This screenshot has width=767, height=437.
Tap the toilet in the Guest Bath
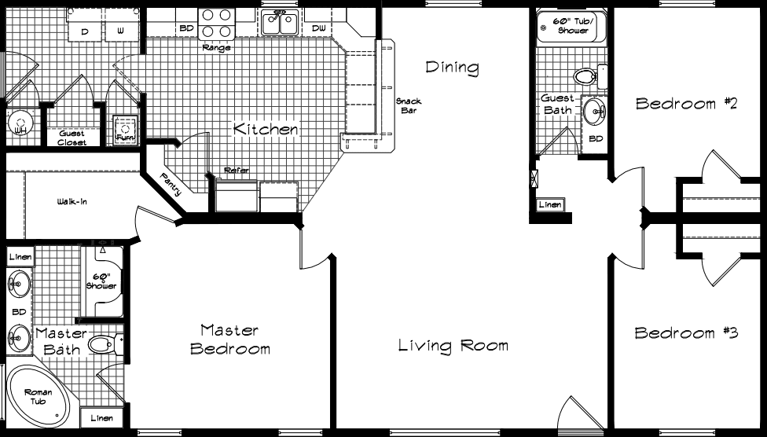click(585, 77)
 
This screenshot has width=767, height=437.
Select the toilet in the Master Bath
click(104, 344)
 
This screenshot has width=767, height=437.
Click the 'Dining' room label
click(452, 68)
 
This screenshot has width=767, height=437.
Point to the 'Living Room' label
click(453, 345)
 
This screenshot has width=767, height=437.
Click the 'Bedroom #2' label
click(686, 104)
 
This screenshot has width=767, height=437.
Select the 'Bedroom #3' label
click(686, 333)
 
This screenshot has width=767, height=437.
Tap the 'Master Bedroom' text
click(230, 339)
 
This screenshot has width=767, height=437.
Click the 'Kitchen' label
click(266, 129)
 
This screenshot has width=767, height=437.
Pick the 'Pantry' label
click(170, 185)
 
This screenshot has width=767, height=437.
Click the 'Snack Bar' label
click(409, 106)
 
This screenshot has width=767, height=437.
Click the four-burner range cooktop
click(217, 24)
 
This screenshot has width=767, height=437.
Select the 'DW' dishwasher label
click(318, 29)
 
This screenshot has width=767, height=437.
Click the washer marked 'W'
click(120, 30)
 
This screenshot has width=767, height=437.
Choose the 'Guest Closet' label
click(72, 138)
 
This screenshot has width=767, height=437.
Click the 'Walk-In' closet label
click(72, 202)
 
